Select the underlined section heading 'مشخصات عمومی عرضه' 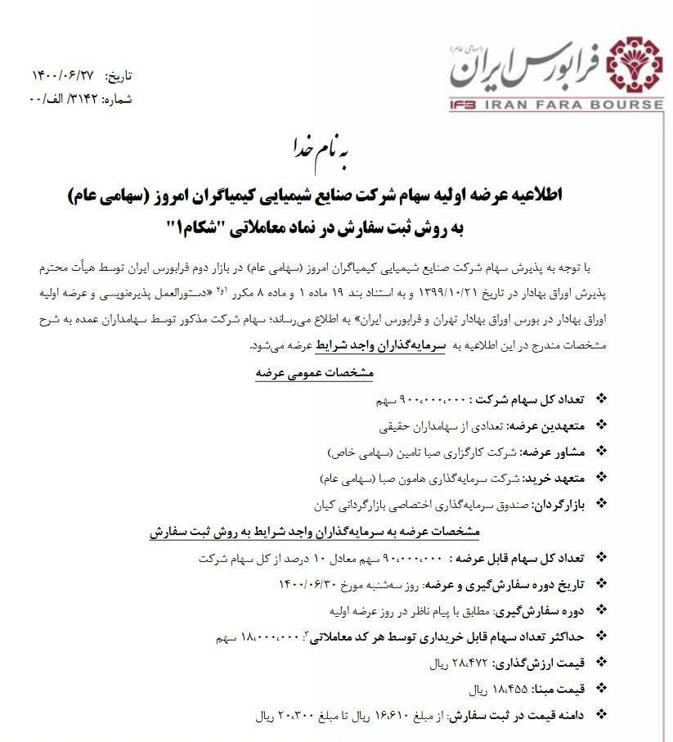[x=314, y=372]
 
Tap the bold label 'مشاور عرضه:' [x=555, y=451]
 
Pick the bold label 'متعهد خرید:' [x=557, y=476]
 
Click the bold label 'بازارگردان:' [x=558, y=502]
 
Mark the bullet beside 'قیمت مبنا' [x=603, y=687]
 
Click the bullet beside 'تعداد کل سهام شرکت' [x=603, y=400]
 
